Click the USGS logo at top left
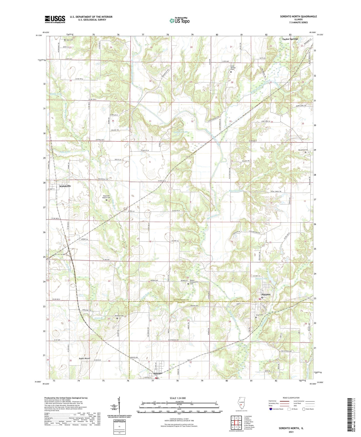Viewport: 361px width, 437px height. click(55, 19)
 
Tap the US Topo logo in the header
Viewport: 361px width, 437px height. click(179, 21)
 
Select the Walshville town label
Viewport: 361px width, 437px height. click(65, 186)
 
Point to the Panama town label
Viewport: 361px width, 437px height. click(266, 294)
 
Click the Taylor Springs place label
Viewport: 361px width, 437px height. click(290, 39)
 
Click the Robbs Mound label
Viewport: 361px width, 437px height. click(84, 358)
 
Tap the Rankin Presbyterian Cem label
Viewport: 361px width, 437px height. click(196, 282)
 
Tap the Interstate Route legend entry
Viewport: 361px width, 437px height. click(278, 409)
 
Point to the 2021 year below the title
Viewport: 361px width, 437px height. click(291, 432)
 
